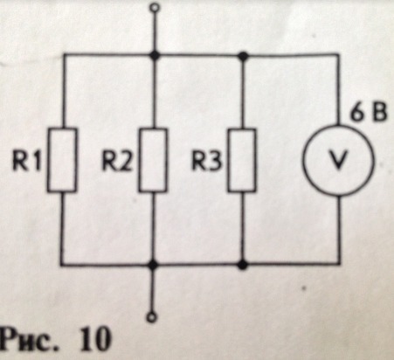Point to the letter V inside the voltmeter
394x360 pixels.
(x=338, y=161)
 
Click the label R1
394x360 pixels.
(x=26, y=160)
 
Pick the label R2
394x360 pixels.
(x=117, y=161)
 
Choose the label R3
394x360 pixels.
(x=207, y=161)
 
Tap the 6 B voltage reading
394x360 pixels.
(x=368, y=113)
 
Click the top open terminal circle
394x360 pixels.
(x=156, y=7)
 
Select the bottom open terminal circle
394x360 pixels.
(x=152, y=317)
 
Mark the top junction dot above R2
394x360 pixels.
(x=155, y=55)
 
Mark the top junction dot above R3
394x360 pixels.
(x=243, y=55)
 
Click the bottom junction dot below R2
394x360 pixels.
(x=153, y=265)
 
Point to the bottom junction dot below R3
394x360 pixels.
(x=242, y=265)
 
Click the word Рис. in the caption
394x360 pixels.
(x=28, y=340)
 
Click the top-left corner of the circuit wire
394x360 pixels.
(x=63, y=54)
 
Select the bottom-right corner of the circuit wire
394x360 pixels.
(x=339, y=264)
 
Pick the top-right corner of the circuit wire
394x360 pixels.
(x=338, y=54)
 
